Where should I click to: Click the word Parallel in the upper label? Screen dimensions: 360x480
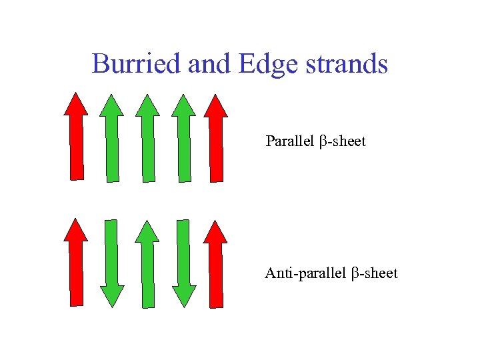coord(290,141)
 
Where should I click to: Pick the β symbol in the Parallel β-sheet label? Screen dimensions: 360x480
coord(324,142)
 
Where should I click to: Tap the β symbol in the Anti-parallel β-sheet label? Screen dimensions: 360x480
coord(356,273)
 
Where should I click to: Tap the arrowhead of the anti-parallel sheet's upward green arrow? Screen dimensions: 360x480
coord(147,231)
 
